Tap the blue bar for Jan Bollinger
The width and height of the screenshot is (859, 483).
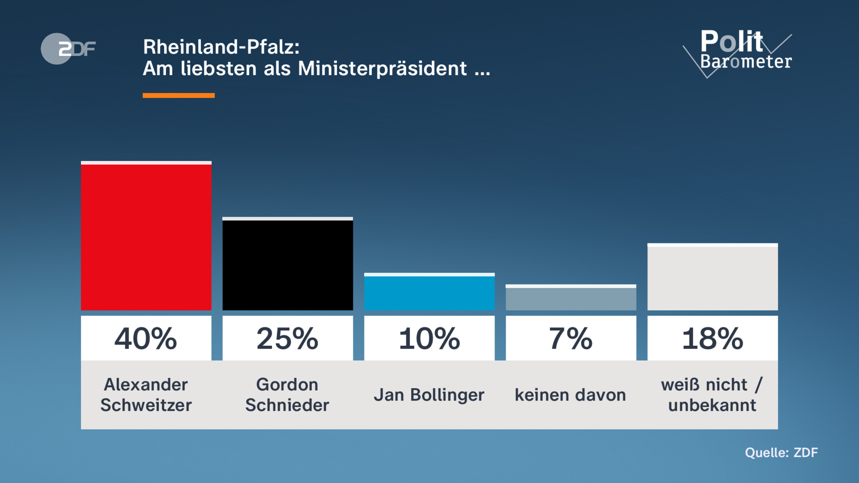tap(429, 292)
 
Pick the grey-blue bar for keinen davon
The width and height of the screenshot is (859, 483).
tap(571, 298)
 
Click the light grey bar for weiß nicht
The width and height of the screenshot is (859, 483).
tap(712, 277)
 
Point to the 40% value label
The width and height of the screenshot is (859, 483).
tap(146, 338)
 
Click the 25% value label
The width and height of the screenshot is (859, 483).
tap(287, 338)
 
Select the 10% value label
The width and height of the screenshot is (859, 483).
tap(429, 338)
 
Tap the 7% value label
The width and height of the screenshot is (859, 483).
tap(571, 338)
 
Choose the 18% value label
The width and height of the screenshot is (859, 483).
tap(712, 338)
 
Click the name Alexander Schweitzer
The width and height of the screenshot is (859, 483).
tap(146, 395)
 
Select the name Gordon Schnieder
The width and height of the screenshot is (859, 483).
tap(287, 395)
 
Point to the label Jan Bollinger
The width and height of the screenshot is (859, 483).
tap(429, 395)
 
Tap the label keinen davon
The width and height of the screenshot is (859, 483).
tap(571, 395)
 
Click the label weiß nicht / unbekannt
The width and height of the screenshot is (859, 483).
tap(712, 395)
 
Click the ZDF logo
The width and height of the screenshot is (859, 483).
tap(68, 49)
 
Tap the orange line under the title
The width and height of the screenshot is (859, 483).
tap(179, 95)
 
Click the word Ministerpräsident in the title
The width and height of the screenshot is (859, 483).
tap(382, 68)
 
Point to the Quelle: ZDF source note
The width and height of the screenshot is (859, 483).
tap(781, 453)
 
